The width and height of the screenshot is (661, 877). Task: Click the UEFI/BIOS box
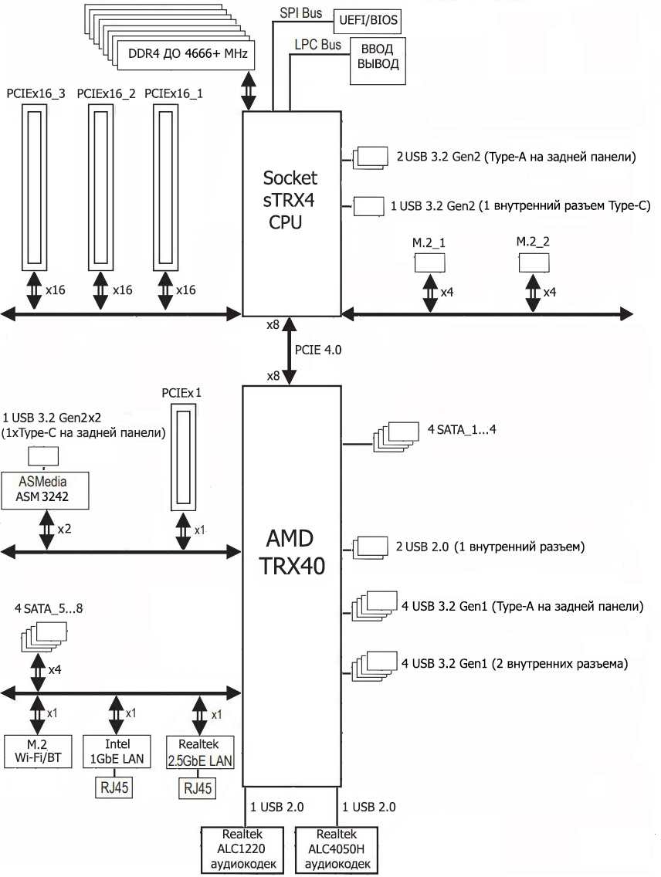tap(367, 21)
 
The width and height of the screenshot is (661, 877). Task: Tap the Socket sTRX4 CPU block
tap(291, 214)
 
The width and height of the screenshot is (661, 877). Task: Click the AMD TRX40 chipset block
tap(291, 586)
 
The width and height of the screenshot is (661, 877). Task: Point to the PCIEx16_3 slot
tap(35, 188)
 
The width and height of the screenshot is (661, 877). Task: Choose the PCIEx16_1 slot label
tap(174, 93)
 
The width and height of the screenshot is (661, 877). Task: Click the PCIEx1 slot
tap(184, 457)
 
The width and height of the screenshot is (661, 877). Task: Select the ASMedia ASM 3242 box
tap(45, 490)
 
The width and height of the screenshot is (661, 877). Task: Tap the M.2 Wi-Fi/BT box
tap(38, 751)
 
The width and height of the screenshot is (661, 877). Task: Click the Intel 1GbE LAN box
tap(117, 751)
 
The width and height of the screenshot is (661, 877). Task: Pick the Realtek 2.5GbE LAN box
tap(200, 752)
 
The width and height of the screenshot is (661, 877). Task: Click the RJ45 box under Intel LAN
tap(114, 787)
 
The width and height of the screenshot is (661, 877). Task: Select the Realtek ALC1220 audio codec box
tap(242, 849)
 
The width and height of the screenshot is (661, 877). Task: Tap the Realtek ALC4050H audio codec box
tap(337, 849)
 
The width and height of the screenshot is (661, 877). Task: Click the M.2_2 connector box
tap(534, 263)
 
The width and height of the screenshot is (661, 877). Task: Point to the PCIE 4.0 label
tap(318, 350)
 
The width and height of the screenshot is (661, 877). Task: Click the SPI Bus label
tap(301, 12)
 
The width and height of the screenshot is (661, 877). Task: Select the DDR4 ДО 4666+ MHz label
tap(188, 54)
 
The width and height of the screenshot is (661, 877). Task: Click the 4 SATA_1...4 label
tap(462, 429)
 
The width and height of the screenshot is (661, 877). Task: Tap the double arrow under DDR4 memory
tap(249, 90)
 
